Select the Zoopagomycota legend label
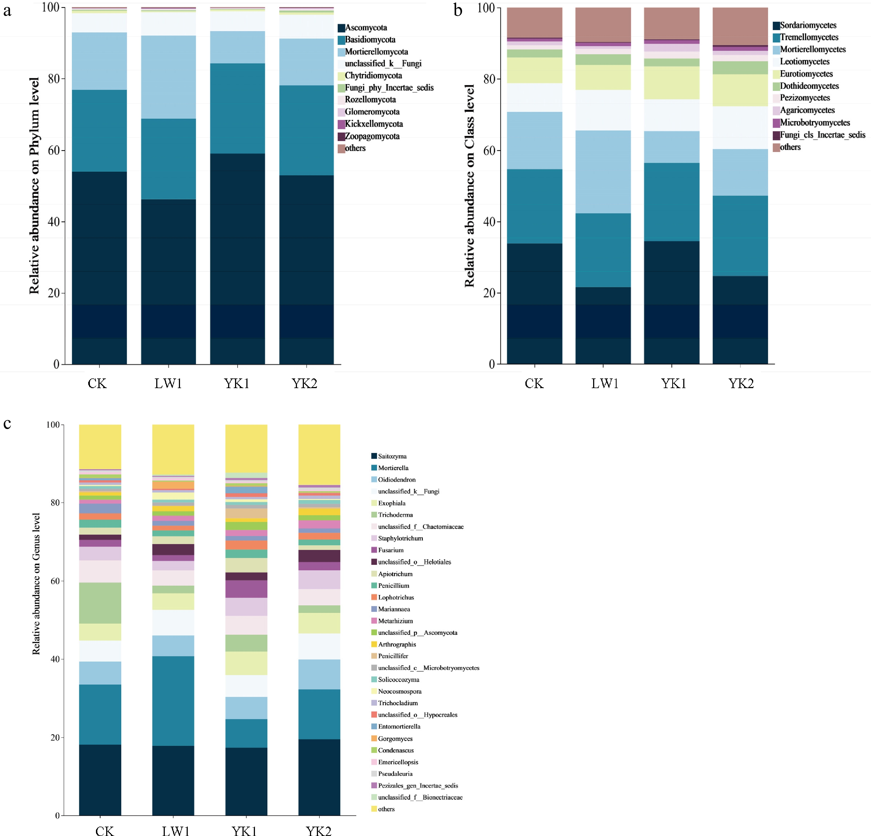click(x=372, y=136)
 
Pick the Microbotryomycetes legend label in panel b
click(x=815, y=123)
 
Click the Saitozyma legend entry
click(x=392, y=456)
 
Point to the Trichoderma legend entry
click(x=395, y=515)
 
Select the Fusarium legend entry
click(x=391, y=550)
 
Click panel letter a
click(x=7, y=11)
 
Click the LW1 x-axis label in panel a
click(x=168, y=383)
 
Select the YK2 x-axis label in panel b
click(x=741, y=383)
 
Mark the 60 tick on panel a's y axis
click(x=54, y=150)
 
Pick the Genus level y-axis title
click(x=36, y=583)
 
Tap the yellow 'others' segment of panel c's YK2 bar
click(x=319, y=454)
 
